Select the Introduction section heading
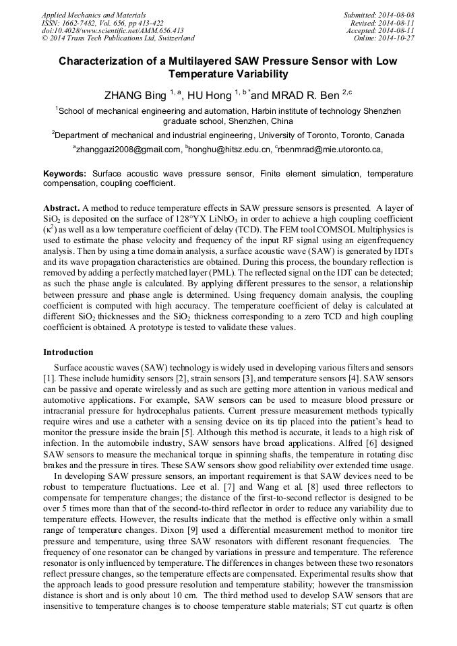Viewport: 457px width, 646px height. click(68, 352)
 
